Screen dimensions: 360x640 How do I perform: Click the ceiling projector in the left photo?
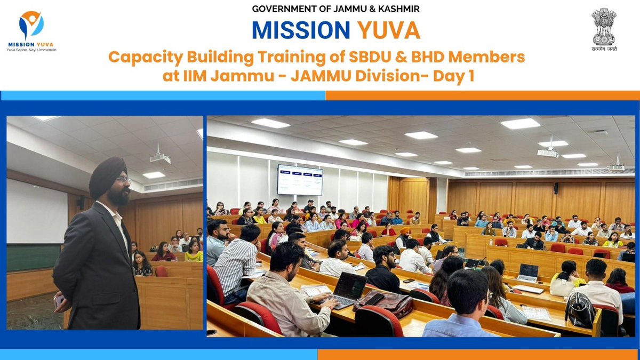pyautogui.click(x=159, y=157)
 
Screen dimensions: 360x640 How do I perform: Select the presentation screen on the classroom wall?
pyautogui.click(x=299, y=179)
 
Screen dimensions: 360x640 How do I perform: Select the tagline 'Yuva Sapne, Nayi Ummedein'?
pyautogui.click(x=31, y=50)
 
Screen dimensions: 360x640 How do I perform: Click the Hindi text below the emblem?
pyautogui.click(x=603, y=47)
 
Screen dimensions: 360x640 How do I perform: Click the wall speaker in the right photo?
pyautogui.click(x=556, y=188)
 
